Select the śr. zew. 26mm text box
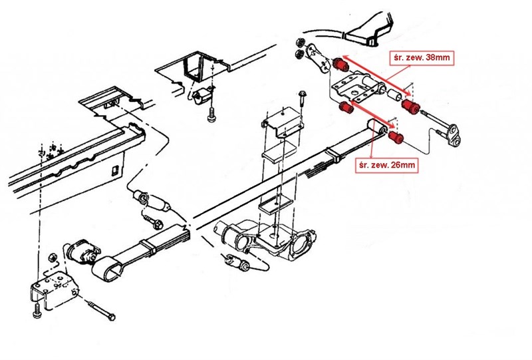pyautogui.click(x=386, y=163)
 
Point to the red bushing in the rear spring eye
pyautogui.click(x=396, y=136)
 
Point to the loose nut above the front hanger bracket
pyautogui.click(x=51, y=256)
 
